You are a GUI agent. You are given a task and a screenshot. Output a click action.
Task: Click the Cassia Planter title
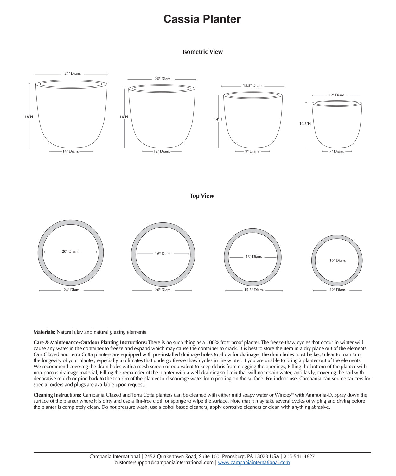click(x=202, y=19)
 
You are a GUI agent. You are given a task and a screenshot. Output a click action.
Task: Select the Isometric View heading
click(x=202, y=52)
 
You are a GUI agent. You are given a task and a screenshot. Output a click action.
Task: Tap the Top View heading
click(x=202, y=196)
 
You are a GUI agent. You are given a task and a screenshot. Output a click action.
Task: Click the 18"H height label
click(x=29, y=117)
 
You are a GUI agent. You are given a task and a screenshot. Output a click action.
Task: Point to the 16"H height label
click(x=124, y=117)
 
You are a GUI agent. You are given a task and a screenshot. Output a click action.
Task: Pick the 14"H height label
click(x=218, y=119)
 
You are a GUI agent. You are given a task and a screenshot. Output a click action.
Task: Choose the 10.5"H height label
click(x=305, y=124)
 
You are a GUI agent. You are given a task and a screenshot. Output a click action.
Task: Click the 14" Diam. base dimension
click(x=70, y=151)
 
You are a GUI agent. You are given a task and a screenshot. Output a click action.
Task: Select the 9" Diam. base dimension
click(x=252, y=151)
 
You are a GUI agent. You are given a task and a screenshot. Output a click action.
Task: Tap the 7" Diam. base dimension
click(x=336, y=151)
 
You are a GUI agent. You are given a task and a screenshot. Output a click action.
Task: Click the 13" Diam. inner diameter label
click(x=254, y=257)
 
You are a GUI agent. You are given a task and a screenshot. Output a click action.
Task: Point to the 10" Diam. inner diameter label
click(x=337, y=261)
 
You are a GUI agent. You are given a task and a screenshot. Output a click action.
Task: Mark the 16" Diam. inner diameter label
click(x=163, y=254)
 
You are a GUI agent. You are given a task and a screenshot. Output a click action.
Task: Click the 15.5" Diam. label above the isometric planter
click(x=253, y=86)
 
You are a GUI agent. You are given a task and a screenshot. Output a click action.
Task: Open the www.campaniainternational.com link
click(x=254, y=462)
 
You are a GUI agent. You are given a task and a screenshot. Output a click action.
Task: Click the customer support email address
click(x=164, y=462)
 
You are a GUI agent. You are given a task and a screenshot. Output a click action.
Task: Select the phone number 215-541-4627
click(x=299, y=456)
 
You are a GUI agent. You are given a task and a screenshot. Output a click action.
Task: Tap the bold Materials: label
click(x=44, y=332)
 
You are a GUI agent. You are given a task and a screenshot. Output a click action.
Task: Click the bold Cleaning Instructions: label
click(x=57, y=395)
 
